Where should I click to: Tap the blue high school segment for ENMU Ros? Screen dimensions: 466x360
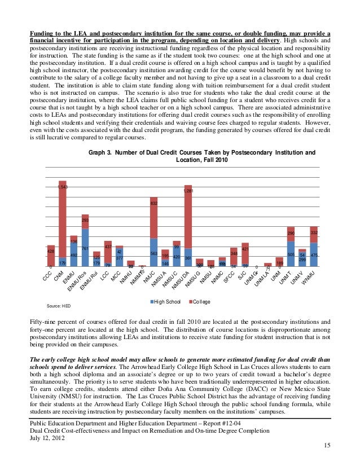(x=85, y=248)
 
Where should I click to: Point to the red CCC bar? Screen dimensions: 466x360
(x=51, y=256)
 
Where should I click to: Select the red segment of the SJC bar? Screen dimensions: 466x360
(x=245, y=252)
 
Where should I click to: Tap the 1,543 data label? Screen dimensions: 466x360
(x=63, y=186)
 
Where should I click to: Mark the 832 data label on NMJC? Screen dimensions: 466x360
(x=153, y=203)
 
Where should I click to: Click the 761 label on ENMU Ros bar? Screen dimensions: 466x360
(x=85, y=249)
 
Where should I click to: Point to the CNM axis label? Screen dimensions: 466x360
(x=58, y=275)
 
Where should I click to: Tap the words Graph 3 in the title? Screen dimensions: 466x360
(x=103, y=152)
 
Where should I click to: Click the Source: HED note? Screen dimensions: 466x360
(x=59, y=305)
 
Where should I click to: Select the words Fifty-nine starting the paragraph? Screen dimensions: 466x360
(x=43, y=321)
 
